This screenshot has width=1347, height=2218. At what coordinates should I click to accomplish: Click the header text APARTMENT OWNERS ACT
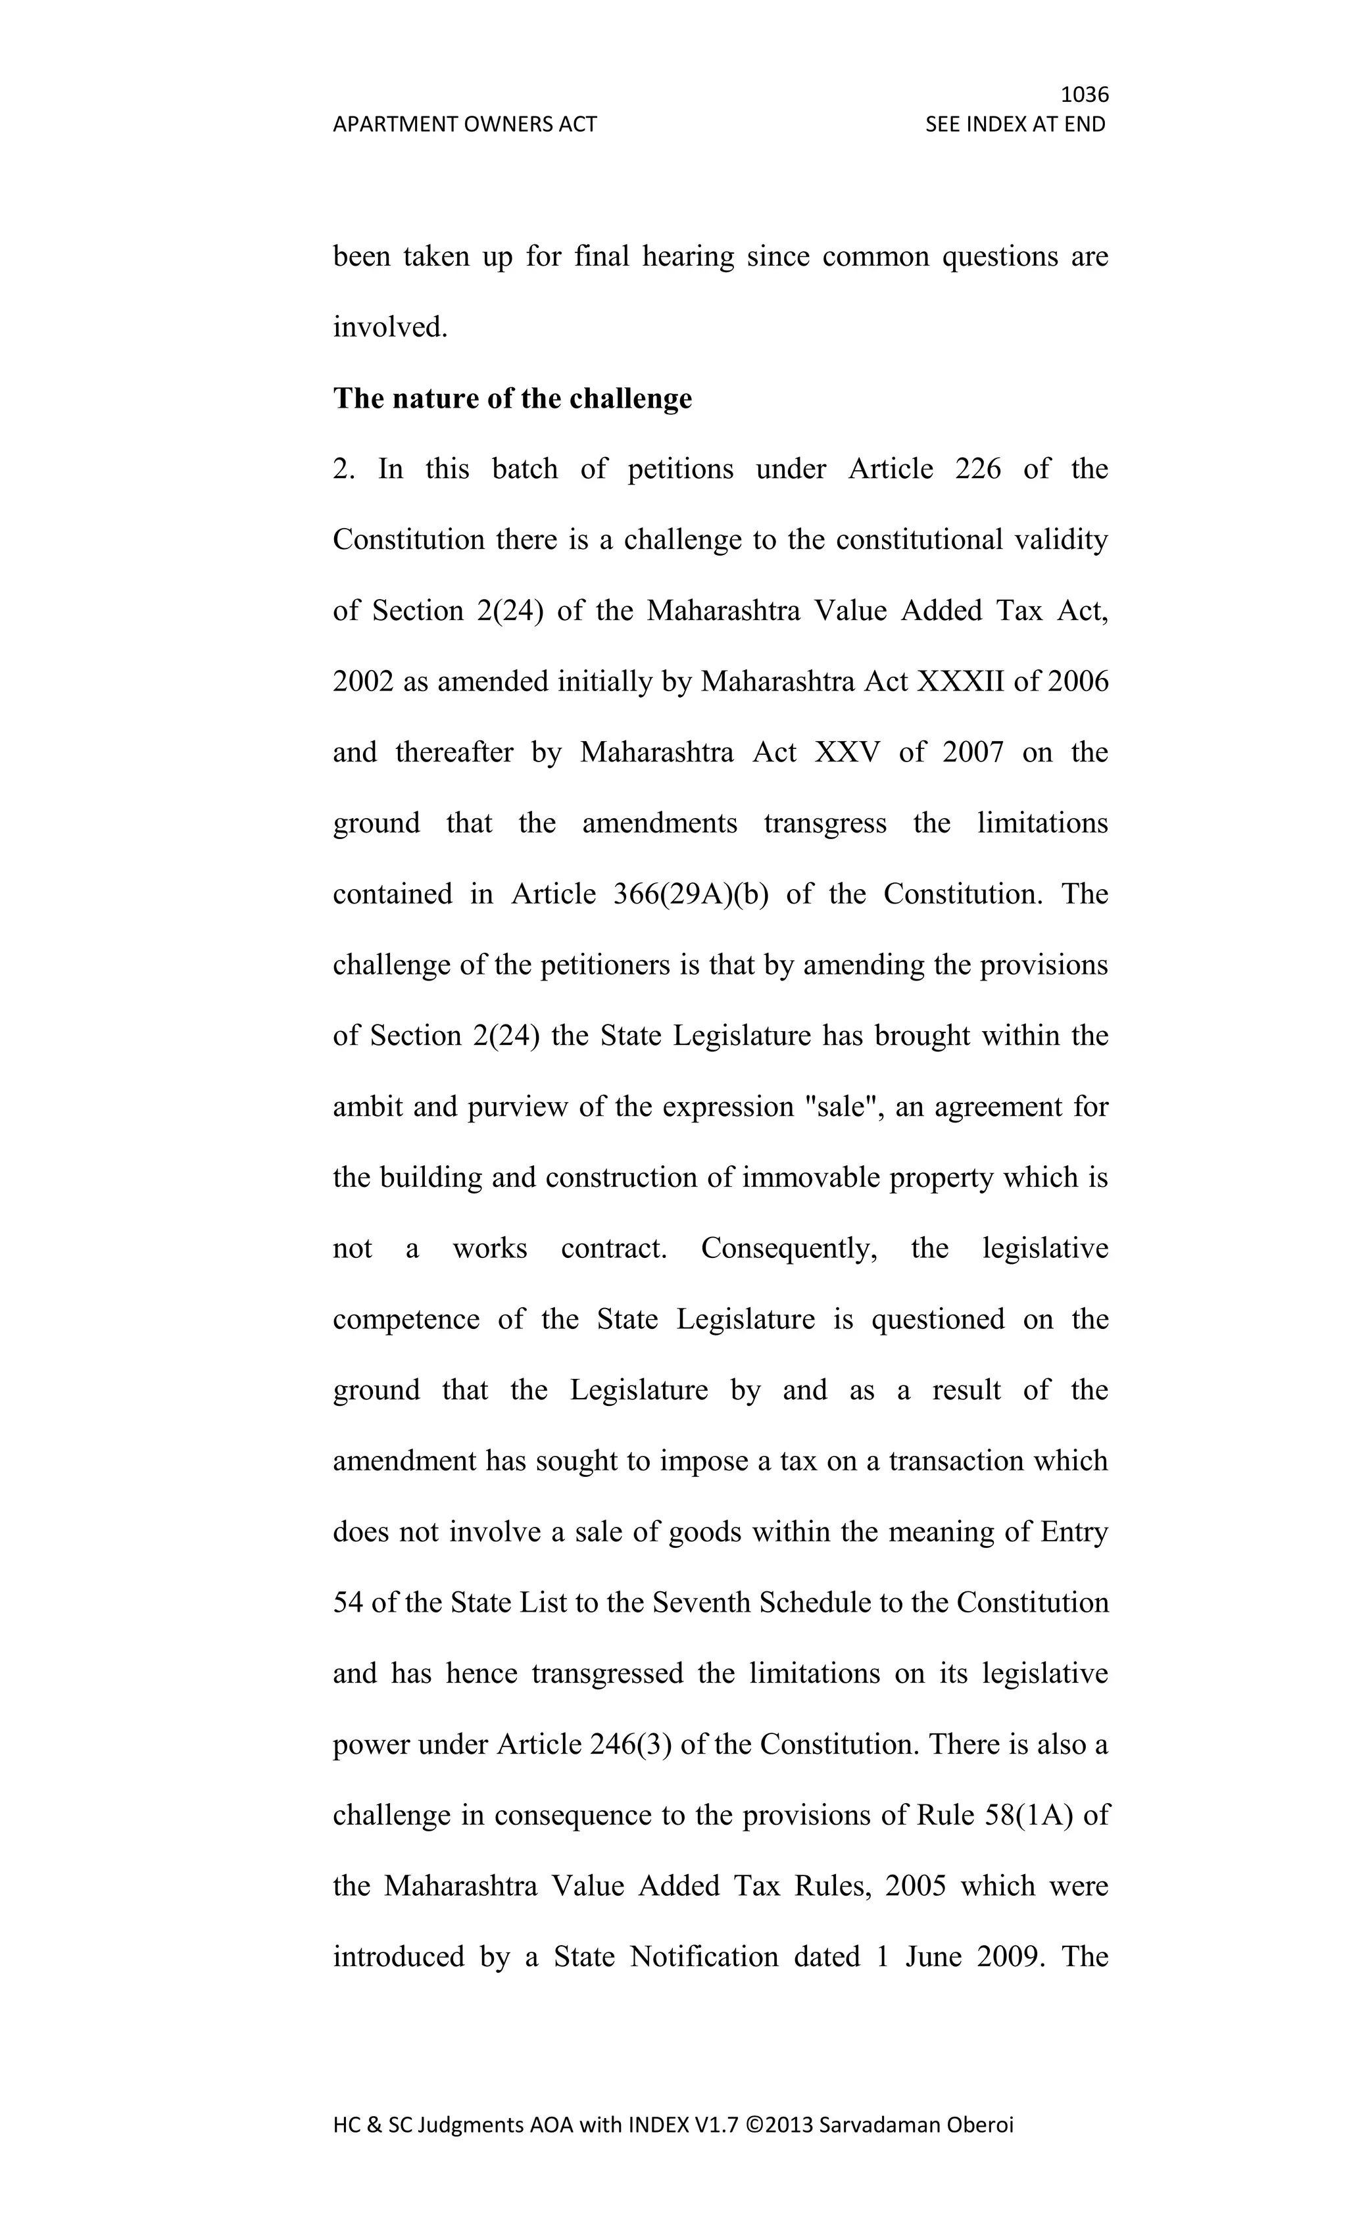[464, 124]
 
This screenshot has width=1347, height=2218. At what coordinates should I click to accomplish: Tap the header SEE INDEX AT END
[1015, 124]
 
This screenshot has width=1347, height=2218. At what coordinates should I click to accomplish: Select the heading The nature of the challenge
[512, 398]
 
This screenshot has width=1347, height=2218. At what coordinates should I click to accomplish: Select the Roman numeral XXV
[846, 752]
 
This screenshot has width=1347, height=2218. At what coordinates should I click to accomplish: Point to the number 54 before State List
[347, 1603]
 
